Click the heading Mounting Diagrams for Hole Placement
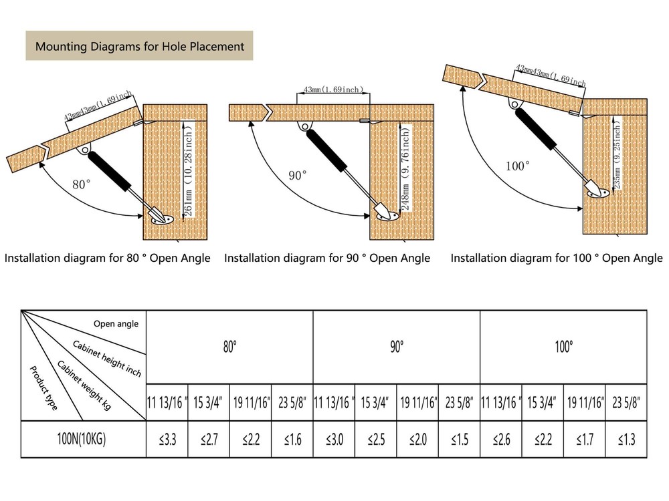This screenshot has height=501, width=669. tap(139, 47)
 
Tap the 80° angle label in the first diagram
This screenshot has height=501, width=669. tap(80, 184)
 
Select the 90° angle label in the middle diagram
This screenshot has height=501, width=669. tap(298, 175)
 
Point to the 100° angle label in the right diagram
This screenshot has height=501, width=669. tap(518, 166)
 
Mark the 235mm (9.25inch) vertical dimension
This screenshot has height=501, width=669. tap(617, 154)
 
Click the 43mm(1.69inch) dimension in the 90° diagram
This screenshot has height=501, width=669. tap(333, 89)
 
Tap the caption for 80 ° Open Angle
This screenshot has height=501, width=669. tap(108, 258)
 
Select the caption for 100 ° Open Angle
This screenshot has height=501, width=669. tap(556, 258)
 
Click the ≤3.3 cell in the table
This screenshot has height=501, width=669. tap(167, 440)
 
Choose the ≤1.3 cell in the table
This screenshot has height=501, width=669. tap(626, 440)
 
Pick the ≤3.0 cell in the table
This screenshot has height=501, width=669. tap(334, 440)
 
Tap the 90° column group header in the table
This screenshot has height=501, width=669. tap(397, 347)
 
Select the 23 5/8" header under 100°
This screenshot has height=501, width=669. tap(626, 403)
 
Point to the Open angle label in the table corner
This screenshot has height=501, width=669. tap(116, 324)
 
